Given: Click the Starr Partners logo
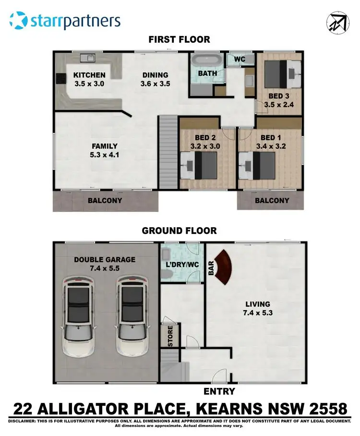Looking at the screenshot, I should click(65, 21).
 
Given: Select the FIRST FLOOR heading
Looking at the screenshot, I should click(179, 39).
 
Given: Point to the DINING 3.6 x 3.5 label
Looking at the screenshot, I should click(155, 79).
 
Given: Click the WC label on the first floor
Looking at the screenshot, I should click(240, 59).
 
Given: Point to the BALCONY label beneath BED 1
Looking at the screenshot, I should click(272, 201).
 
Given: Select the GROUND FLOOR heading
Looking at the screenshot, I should click(179, 230).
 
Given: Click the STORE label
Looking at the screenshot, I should click(169, 337).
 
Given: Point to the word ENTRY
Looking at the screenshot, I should click(219, 391).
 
